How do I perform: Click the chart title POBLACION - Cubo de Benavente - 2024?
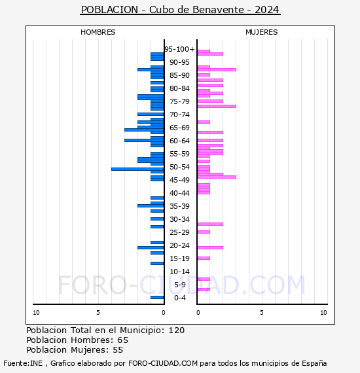(180, 10)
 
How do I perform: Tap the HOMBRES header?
(98, 32)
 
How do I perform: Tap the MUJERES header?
(261, 32)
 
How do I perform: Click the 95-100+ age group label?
(179, 49)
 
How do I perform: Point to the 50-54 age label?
(179, 167)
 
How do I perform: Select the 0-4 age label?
(179, 298)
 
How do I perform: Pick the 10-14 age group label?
(179, 272)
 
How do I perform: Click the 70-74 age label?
(179, 115)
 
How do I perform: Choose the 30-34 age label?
(179, 219)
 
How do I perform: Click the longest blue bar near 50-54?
(137, 169)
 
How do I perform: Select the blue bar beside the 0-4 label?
(157, 297)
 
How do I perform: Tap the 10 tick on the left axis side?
(36, 313)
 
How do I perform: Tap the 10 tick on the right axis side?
(323, 313)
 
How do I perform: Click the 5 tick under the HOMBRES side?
(98, 313)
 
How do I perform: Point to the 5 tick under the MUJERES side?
(261, 313)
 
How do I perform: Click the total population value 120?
(176, 330)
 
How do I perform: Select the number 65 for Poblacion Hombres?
(122, 340)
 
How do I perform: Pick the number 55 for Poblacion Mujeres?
(118, 350)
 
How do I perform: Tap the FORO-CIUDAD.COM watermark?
(181, 285)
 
